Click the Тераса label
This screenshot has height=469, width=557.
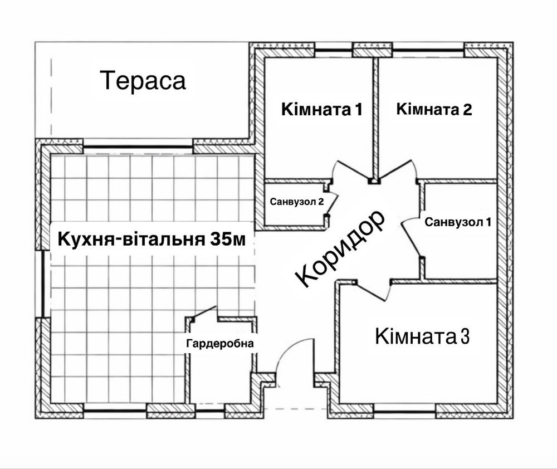(x=143, y=80)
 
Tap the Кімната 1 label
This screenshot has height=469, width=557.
(x=322, y=109)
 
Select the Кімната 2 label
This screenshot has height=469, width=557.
(x=434, y=109)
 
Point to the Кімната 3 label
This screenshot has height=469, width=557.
(x=422, y=336)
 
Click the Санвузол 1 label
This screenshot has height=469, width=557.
(x=458, y=222)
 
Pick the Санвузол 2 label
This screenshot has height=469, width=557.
(x=297, y=202)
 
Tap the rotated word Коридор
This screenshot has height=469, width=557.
(x=340, y=248)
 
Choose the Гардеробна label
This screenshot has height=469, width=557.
(x=220, y=344)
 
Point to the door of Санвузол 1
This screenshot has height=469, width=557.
(x=411, y=236)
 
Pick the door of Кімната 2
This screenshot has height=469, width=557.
(x=397, y=170)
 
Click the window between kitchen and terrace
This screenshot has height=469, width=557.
(x=138, y=146)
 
